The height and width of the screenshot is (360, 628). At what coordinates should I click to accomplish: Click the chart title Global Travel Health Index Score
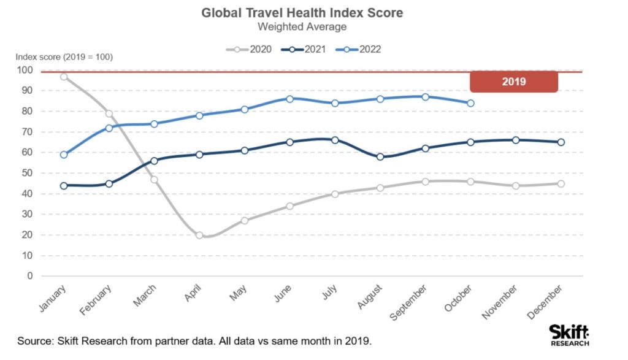302,13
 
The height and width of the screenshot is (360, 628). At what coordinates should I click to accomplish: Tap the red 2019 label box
513,82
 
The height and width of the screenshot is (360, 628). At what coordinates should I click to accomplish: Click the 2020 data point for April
199,235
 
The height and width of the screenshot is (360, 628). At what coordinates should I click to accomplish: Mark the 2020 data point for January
64,77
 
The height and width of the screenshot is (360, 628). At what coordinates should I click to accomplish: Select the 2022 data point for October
470,103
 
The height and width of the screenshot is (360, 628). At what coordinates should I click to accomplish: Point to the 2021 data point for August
380,156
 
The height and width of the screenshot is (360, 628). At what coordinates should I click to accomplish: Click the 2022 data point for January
64,155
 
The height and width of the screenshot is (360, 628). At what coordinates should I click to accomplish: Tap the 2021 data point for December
561,142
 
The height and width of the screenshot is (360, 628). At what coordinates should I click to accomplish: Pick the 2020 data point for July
335,194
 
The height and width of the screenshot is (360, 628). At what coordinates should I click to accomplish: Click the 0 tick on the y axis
28,276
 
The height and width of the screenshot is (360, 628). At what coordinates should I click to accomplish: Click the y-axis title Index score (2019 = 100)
64,58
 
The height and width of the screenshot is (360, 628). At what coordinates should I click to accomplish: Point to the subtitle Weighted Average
302,27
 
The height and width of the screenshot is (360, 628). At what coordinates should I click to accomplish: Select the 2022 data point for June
289,99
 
